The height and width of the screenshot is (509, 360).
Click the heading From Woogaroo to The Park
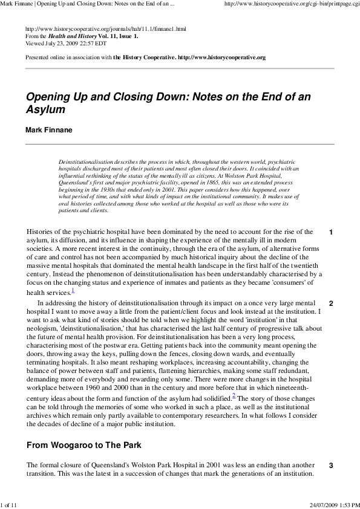83,446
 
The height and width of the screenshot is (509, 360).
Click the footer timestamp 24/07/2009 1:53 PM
333,504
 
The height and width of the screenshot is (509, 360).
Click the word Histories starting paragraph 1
42,232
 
